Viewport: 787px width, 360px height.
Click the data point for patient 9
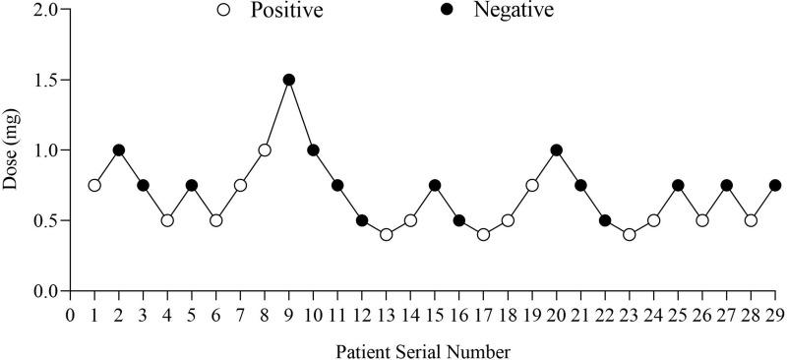[x=289, y=80]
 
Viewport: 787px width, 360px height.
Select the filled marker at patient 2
[x=119, y=150]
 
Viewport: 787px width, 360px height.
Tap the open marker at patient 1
[x=94, y=185]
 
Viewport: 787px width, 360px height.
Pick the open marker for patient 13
[x=387, y=235]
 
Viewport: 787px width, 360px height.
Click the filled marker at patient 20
[x=557, y=150]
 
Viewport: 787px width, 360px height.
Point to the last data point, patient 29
[x=775, y=185]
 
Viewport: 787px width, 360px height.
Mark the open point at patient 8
[x=265, y=150]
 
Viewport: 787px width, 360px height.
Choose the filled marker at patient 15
[x=435, y=185]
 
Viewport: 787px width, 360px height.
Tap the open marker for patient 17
[x=483, y=235]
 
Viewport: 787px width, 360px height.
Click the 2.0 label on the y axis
[x=44, y=9]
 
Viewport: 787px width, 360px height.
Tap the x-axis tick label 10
[x=314, y=315]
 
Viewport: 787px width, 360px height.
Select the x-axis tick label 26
[x=702, y=315]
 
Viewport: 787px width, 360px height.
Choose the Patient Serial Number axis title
[x=423, y=350]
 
